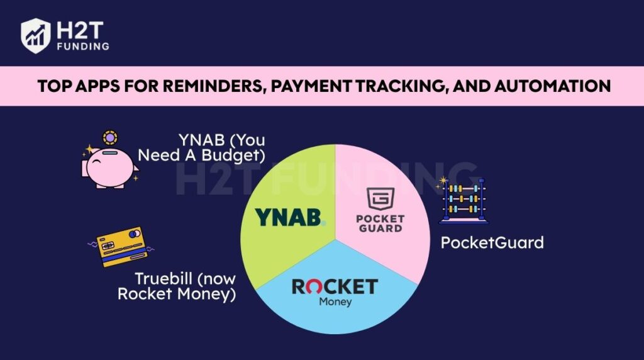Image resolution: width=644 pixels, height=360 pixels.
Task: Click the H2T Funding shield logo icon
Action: click(36, 35)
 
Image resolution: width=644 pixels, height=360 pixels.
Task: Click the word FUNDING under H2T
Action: click(82, 46)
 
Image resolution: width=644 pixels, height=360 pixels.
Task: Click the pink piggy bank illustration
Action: click(111, 166)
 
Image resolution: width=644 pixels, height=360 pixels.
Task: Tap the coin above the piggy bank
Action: click(111, 137)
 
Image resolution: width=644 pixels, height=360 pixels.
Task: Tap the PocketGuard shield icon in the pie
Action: click(379, 199)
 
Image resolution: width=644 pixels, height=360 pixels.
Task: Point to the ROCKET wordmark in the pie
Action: click(334, 287)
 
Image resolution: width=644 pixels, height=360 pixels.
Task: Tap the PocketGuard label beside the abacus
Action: click(492, 242)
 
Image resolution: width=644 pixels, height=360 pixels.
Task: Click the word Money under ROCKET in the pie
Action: click(335, 302)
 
